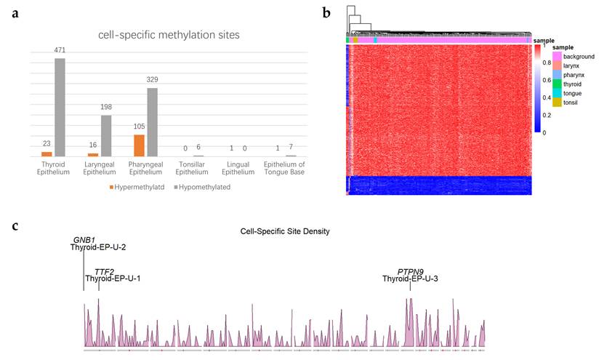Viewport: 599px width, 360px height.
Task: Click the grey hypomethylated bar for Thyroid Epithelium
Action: (x=60, y=108)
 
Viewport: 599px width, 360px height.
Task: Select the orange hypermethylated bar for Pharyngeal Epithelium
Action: (x=139, y=145)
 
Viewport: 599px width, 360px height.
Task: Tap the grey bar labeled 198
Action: (x=106, y=136)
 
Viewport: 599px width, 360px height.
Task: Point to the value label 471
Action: (x=60, y=50)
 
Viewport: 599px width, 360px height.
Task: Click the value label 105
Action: (x=139, y=127)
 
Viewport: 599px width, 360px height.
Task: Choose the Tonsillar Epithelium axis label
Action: (x=192, y=168)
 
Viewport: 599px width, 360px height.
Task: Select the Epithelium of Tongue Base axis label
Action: (x=284, y=168)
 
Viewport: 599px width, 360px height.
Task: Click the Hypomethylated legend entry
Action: (x=202, y=187)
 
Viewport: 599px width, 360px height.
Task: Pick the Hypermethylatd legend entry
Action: (x=137, y=187)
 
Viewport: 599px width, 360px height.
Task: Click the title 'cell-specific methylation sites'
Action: (x=169, y=35)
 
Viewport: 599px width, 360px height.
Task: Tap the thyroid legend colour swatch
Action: (x=557, y=84)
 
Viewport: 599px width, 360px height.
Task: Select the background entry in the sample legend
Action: (x=574, y=57)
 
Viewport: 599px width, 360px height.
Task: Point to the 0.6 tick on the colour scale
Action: (x=547, y=80)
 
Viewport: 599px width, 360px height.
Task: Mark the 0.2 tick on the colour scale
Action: (x=547, y=116)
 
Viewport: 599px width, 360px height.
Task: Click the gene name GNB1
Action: (x=84, y=240)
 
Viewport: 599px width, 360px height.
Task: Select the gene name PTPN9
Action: (x=410, y=272)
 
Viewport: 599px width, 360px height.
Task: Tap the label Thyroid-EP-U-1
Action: (x=113, y=279)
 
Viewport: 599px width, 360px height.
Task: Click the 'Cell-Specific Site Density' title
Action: (x=285, y=231)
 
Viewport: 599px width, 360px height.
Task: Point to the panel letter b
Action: (x=326, y=13)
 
